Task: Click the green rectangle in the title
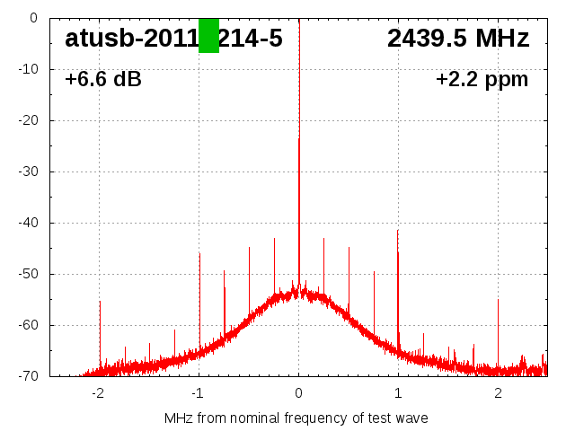(208, 36)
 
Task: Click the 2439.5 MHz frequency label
(458, 39)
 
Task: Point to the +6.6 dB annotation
(103, 80)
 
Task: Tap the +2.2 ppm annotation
(482, 80)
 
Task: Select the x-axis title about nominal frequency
(296, 418)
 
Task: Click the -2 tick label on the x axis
(98, 392)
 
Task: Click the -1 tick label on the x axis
(198, 392)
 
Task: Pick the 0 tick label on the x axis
(299, 392)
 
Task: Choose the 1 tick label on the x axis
(398, 392)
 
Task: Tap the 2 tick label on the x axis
(498, 392)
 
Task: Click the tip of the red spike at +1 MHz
(398, 230)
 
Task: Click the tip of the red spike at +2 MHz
(498, 300)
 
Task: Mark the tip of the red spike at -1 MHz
(199, 253)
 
